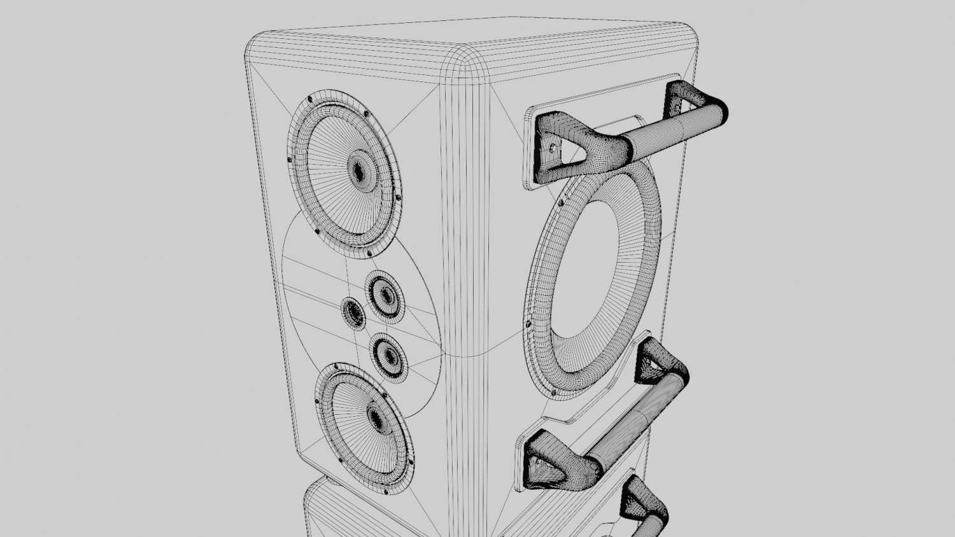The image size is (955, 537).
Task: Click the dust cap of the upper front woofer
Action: (357, 169)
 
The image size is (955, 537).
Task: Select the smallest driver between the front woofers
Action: (352, 312)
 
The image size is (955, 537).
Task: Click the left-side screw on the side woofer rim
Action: (528, 324)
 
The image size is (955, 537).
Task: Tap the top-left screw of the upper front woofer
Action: (309, 100)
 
